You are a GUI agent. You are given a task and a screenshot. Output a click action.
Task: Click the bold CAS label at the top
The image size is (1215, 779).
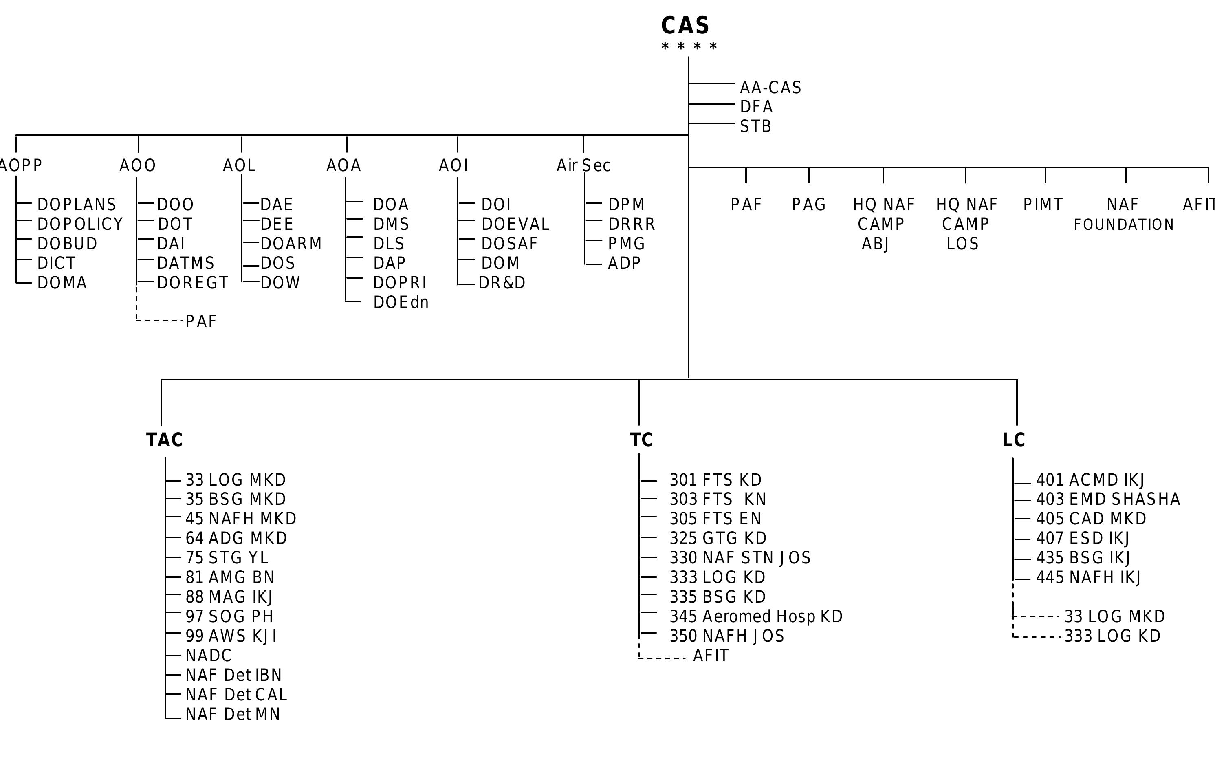pyautogui.click(x=685, y=25)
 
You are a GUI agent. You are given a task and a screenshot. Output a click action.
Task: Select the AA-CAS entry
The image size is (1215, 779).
pyautogui.click(x=770, y=88)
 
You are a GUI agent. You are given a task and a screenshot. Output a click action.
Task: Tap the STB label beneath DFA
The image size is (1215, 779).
pyautogui.click(x=756, y=126)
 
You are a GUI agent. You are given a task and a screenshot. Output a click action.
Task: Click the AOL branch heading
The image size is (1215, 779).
pyautogui.click(x=240, y=165)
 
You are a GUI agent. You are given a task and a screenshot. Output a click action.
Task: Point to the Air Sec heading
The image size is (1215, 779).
pyautogui.click(x=583, y=165)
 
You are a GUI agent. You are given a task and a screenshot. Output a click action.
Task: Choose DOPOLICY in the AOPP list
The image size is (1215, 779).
pyautogui.click(x=80, y=224)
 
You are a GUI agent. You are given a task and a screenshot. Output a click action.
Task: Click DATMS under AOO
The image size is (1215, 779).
pyautogui.click(x=186, y=263)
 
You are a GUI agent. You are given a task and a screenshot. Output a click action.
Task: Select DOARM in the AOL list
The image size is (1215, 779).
pyautogui.click(x=291, y=244)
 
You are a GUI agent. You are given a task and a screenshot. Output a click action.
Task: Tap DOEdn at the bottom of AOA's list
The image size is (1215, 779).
pyautogui.click(x=401, y=302)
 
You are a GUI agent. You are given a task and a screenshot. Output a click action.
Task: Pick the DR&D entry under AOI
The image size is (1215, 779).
pyautogui.click(x=502, y=283)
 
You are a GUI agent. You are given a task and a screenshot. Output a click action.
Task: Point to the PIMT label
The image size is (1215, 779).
pyautogui.click(x=1043, y=205)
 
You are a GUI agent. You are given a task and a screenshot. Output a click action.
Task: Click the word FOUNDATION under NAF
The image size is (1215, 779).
pyautogui.click(x=1123, y=224)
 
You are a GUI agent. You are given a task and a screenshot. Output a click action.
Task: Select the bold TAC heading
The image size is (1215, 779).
pyautogui.click(x=164, y=440)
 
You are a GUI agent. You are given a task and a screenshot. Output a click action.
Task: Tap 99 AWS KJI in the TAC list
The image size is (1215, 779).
pyautogui.click(x=231, y=636)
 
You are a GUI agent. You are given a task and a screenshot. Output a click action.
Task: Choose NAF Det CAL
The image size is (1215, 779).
pyautogui.click(x=236, y=695)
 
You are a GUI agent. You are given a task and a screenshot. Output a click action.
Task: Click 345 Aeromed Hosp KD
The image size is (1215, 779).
pyautogui.click(x=756, y=616)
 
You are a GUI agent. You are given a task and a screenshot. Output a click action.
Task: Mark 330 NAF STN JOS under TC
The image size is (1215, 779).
pyautogui.click(x=740, y=558)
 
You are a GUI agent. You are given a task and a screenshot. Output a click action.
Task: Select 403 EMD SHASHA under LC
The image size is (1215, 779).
pyautogui.click(x=1108, y=499)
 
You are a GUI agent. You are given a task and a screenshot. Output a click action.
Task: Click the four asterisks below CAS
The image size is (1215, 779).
pyautogui.click(x=689, y=47)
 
